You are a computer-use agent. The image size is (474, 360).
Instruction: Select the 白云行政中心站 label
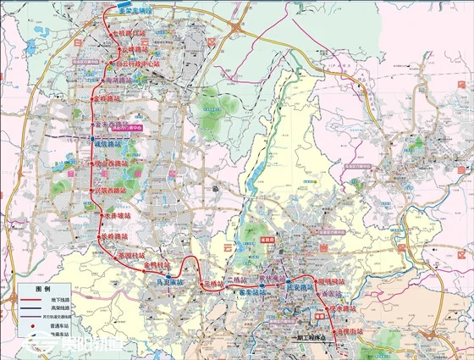139,63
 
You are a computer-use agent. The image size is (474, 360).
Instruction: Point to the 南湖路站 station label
124,78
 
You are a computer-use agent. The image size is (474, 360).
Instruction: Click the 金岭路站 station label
112,99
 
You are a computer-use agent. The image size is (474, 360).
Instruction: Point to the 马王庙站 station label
170,283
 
